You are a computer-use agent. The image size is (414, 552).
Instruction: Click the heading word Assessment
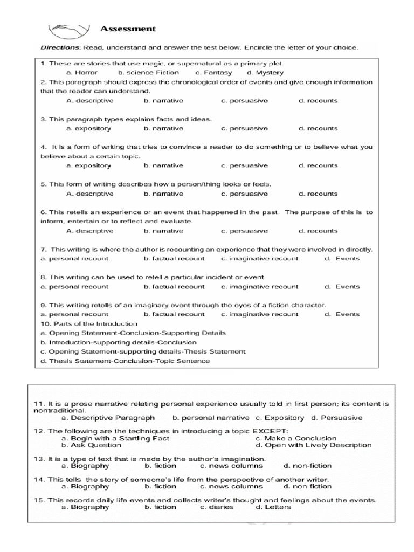[128, 29]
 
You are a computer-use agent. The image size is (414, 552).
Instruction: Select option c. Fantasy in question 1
[213, 72]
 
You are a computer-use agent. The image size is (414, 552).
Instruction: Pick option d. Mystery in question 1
[265, 72]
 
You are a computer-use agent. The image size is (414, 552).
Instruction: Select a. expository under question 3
[88, 128]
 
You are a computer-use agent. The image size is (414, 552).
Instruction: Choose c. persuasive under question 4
[244, 165]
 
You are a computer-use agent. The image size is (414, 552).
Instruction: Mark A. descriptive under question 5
[89, 194]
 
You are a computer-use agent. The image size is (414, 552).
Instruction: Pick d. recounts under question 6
[318, 231]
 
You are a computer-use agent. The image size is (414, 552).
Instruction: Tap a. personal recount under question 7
[74, 259]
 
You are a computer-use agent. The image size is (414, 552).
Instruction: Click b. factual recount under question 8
[174, 287]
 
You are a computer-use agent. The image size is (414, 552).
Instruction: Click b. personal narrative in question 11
[211, 417]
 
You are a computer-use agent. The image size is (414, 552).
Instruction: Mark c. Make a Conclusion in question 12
[296, 438]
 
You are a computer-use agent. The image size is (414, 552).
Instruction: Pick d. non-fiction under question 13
[307, 466]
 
